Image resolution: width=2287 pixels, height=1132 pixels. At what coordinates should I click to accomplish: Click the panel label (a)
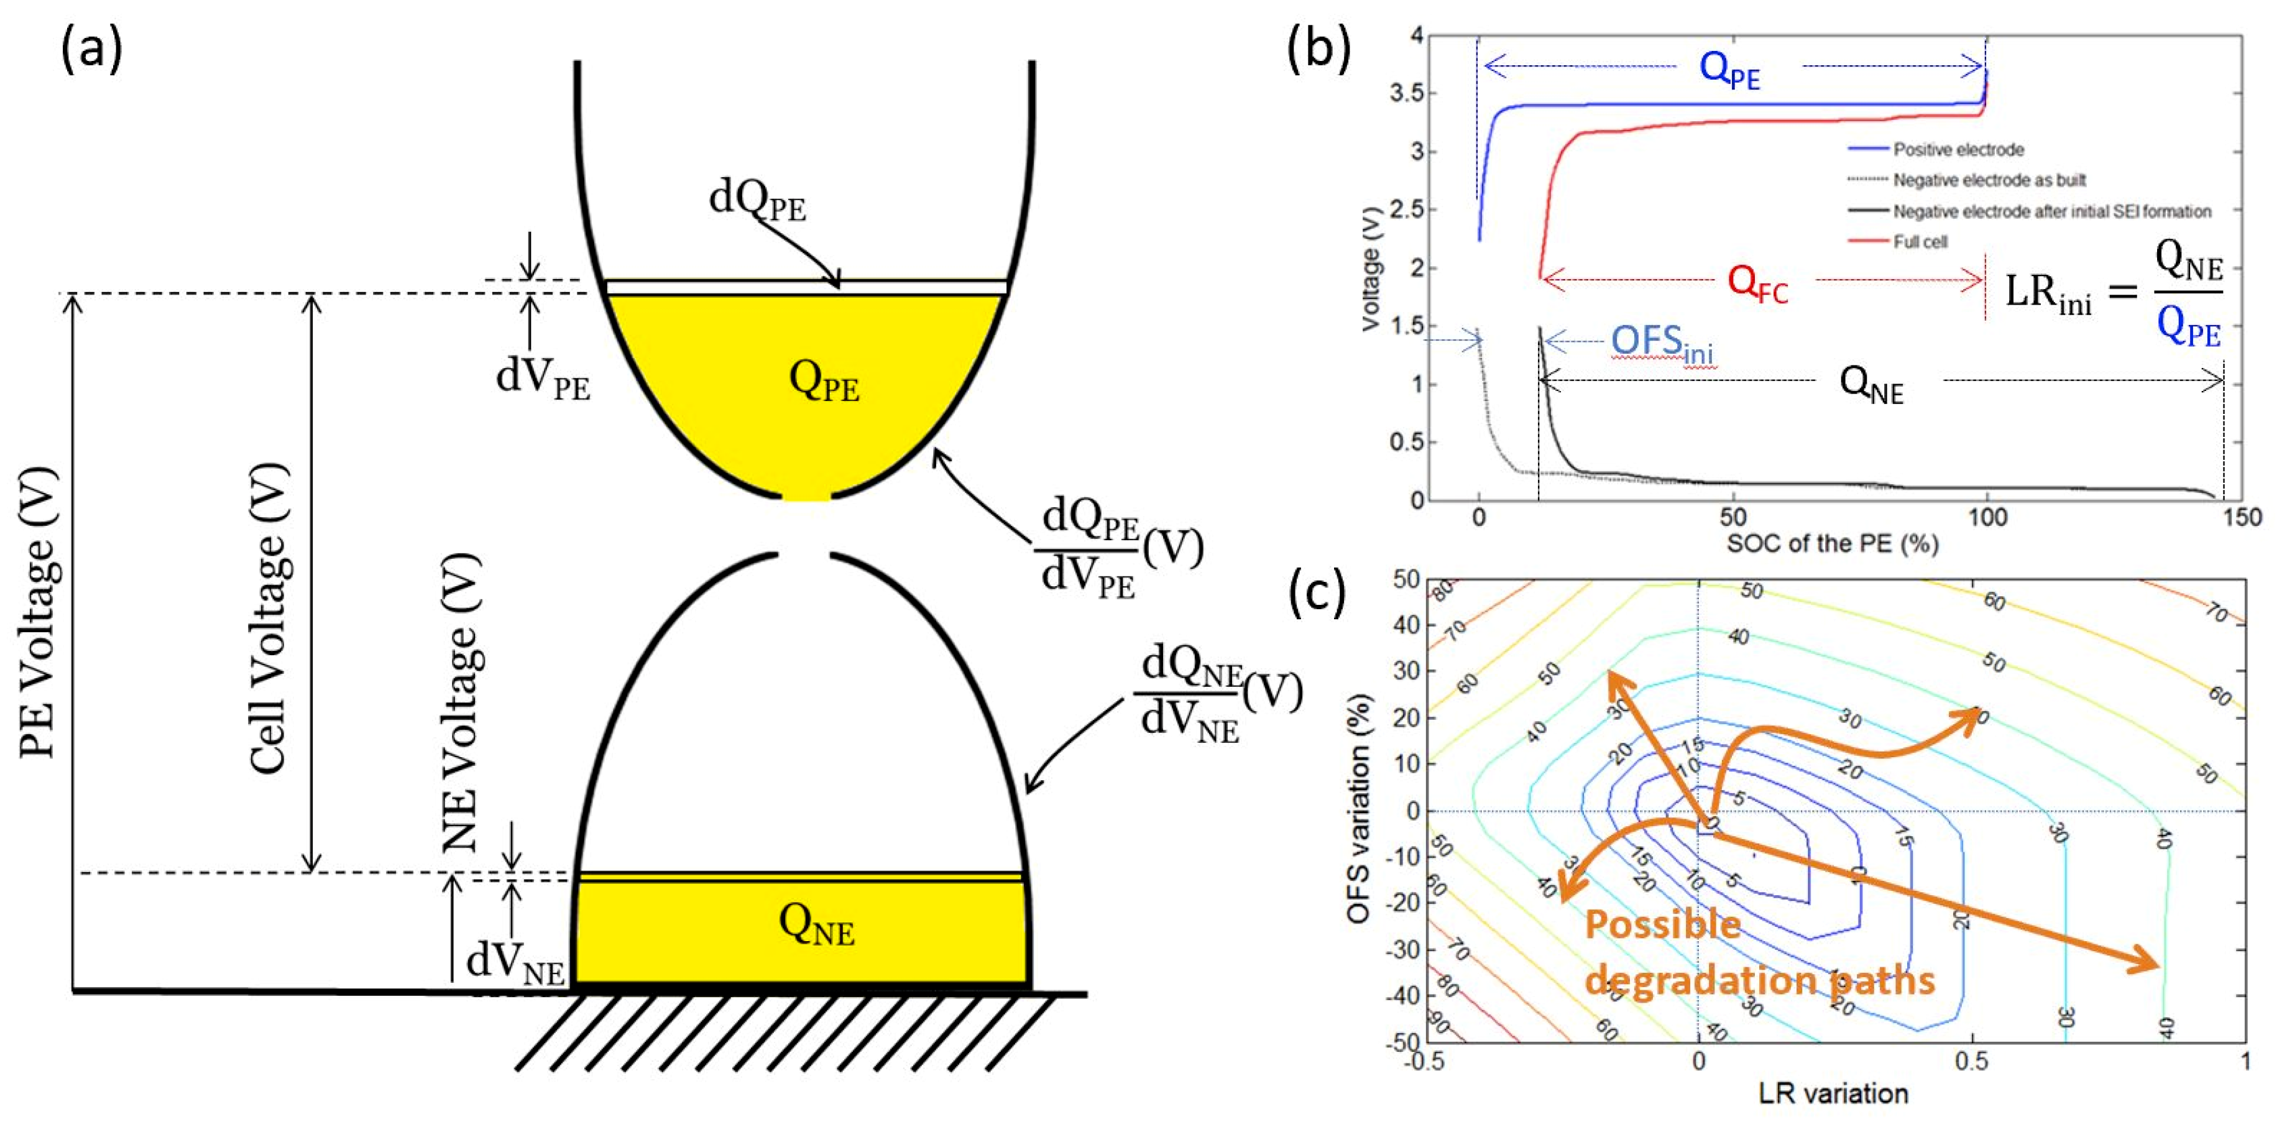(x=91, y=50)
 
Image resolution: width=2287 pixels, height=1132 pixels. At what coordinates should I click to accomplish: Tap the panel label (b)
(x=1319, y=50)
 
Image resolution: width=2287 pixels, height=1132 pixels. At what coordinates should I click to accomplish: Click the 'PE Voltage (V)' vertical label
(x=39, y=612)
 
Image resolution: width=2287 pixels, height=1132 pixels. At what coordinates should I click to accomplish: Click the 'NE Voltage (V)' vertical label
(x=462, y=701)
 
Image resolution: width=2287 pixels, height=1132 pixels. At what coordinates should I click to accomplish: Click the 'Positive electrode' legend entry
(x=1958, y=149)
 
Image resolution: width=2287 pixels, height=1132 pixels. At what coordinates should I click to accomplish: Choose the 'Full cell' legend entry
(x=1920, y=241)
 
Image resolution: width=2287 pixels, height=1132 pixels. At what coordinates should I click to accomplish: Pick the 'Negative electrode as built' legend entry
(x=1989, y=180)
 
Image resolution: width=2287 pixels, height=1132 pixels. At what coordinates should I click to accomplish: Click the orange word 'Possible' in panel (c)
(x=1662, y=925)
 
